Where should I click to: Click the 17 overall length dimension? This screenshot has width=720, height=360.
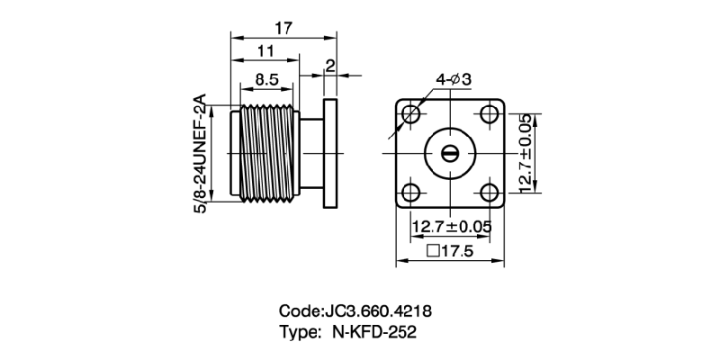tap(283, 29)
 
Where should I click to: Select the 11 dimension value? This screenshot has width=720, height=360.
tap(265, 52)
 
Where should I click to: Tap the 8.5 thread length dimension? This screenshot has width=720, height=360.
tap(265, 79)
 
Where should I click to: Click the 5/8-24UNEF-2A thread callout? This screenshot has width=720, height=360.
tap(201, 153)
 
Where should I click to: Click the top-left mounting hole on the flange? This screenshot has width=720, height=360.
tap(411, 114)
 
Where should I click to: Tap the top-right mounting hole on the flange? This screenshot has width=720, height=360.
tap(490, 114)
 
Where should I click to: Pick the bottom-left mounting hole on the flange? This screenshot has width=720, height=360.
tap(411, 192)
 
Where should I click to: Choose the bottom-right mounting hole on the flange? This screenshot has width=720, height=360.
tap(490, 192)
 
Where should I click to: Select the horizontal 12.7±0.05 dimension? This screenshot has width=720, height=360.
tap(451, 226)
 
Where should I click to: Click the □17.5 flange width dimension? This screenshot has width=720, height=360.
tap(451, 252)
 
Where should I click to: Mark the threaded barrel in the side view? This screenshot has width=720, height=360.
tap(267, 153)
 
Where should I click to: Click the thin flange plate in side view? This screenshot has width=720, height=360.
tap(330, 153)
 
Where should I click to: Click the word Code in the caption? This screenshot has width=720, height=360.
tap(299, 311)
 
